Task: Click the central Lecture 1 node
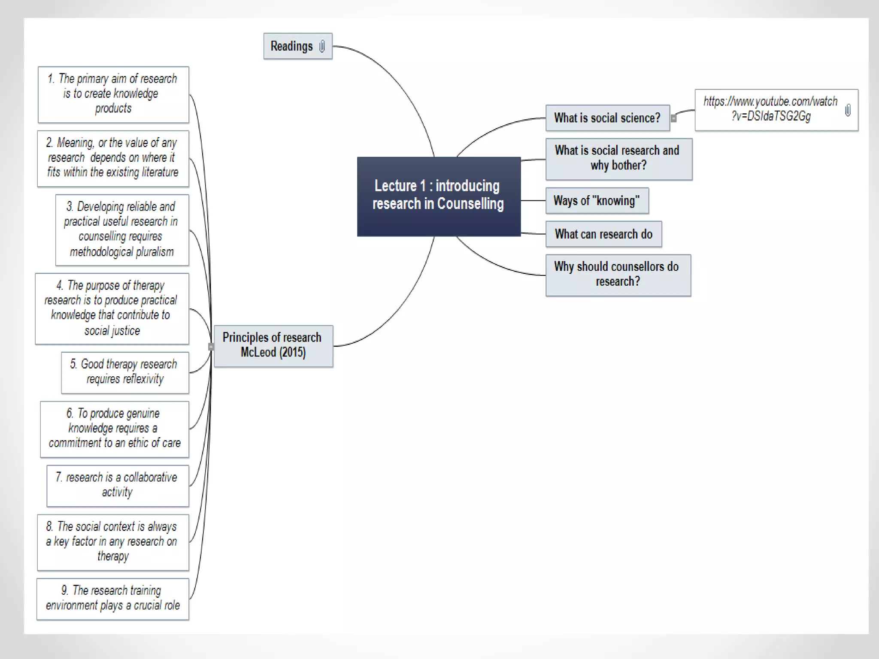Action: click(439, 196)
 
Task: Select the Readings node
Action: click(292, 46)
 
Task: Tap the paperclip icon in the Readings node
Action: click(322, 46)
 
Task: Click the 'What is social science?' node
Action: click(607, 118)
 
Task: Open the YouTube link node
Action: click(770, 109)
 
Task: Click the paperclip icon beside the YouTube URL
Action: click(848, 110)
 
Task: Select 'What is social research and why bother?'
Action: click(618, 158)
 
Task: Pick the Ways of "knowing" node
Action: click(597, 200)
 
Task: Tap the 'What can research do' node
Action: click(603, 234)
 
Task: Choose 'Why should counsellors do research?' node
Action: click(618, 275)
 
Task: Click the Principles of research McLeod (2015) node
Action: click(273, 345)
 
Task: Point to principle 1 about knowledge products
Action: click(113, 94)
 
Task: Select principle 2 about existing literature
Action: click(113, 158)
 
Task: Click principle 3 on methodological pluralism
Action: click(121, 230)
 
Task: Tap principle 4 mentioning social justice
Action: click(112, 308)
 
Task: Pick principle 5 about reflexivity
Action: click(124, 372)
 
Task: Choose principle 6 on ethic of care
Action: click(114, 429)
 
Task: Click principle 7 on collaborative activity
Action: click(117, 485)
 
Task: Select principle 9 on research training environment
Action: click(112, 599)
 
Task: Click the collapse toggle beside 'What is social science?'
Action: click(674, 118)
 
